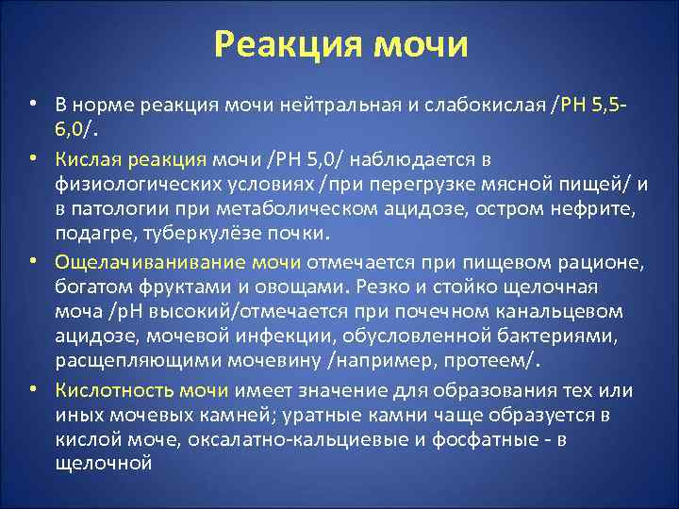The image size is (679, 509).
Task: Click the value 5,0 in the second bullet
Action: point(305,156)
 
